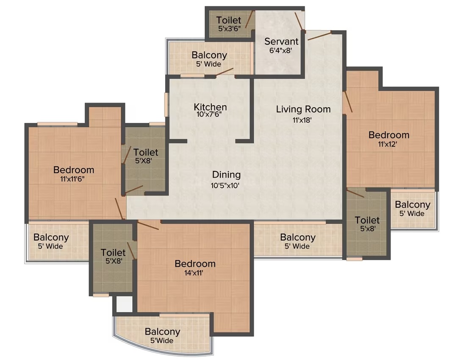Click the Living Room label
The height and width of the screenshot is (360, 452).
tap(303, 109)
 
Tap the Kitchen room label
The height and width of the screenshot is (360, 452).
tap(210, 107)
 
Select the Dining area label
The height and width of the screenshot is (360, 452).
tap(226, 175)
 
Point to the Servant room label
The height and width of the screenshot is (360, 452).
tap(281, 41)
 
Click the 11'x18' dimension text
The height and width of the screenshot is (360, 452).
tap(302, 120)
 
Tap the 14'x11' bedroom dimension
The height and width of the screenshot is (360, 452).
tap(194, 273)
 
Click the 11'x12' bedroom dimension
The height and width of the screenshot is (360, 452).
tap(388, 144)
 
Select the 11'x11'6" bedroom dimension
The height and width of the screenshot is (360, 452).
tap(72, 179)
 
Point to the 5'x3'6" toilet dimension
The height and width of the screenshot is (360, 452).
tap(230, 28)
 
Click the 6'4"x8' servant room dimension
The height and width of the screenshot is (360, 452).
tap(281, 50)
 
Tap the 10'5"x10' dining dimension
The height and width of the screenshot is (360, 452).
tap(225, 185)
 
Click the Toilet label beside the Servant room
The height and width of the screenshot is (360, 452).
tap(229, 20)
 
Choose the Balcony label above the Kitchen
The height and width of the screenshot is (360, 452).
tap(209, 55)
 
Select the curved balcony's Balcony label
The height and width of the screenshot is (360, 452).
tap(162, 332)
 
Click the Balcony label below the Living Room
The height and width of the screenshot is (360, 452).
tap(298, 237)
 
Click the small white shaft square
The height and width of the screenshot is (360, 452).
tap(124, 304)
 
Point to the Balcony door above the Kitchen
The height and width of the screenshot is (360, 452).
tap(225, 72)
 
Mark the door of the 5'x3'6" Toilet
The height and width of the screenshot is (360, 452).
tap(250, 20)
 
